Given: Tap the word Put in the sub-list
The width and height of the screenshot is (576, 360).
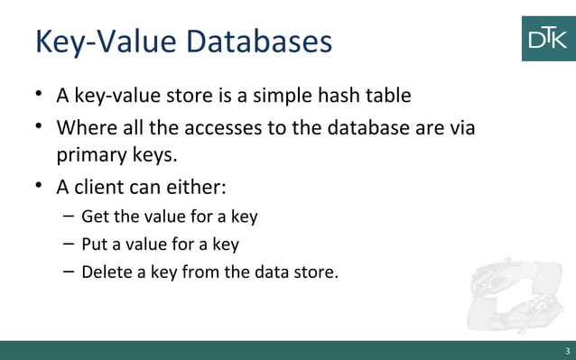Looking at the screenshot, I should pos(95,244).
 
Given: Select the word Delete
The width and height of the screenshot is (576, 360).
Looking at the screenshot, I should pos(107,271).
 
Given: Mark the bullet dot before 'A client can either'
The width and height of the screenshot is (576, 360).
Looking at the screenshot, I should pos(39,187).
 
